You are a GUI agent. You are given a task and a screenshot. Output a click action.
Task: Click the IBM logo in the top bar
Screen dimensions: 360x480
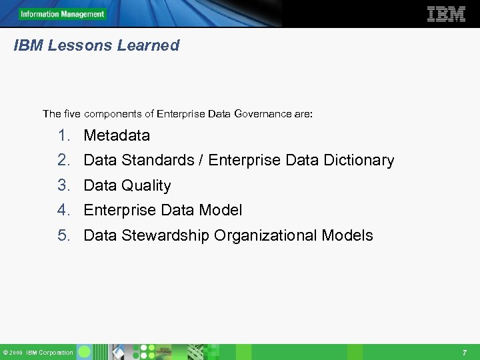446,14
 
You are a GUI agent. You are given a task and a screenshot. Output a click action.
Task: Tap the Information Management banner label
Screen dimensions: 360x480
62,14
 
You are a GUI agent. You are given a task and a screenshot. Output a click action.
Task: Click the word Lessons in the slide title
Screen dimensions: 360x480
80,46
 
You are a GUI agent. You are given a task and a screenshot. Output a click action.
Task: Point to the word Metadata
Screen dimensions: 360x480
117,135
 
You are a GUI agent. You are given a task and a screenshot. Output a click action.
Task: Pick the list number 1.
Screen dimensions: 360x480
63,135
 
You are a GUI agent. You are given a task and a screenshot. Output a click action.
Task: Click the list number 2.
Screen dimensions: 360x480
63,161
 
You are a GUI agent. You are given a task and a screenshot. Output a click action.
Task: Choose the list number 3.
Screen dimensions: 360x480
63,185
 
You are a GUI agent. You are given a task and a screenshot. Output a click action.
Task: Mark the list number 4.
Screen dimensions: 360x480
63,210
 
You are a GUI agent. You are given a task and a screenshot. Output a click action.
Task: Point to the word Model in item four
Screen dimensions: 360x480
222,210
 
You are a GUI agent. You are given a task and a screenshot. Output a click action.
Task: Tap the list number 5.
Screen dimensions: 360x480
63,235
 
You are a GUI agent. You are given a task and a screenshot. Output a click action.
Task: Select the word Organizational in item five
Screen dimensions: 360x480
265,235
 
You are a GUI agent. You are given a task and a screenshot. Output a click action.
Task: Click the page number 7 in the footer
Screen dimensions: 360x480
464,352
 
